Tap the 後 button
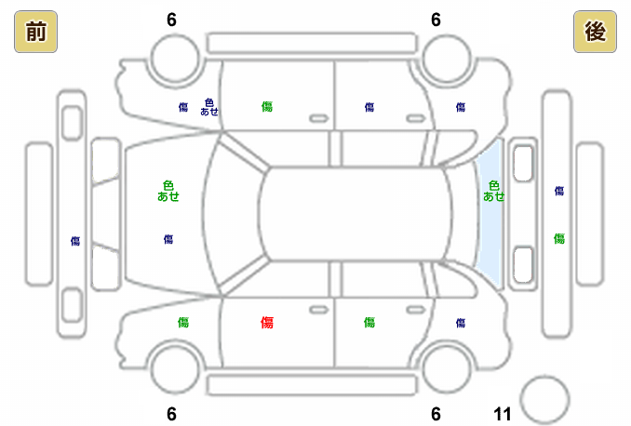coord(595,33)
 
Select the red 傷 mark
coord(267,323)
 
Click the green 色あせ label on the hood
coord(168,191)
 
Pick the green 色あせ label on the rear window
coord(494,191)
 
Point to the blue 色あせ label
coord(209,107)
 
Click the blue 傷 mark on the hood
coord(168,239)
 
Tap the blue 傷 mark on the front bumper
coord(75,241)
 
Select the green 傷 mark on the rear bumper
coord(559,239)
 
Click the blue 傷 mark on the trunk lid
coord(559,191)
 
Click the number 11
coord(503,414)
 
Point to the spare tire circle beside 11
coord(544,399)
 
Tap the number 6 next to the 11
coord(436,414)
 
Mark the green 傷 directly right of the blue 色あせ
coord(267,107)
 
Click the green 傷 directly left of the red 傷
coord(183,323)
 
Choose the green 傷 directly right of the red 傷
coord(369,323)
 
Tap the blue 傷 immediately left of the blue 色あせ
coord(183,107)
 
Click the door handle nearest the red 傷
coord(318,308)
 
